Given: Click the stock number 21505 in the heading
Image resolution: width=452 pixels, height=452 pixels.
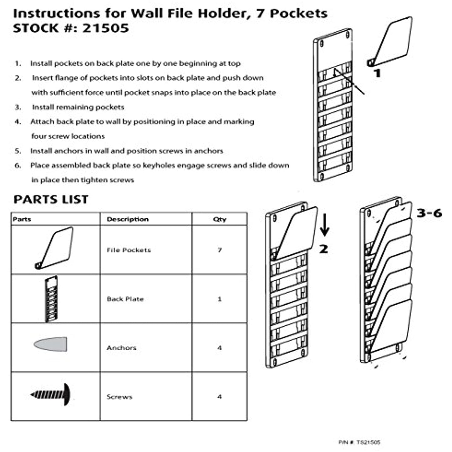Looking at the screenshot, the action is coord(105,28).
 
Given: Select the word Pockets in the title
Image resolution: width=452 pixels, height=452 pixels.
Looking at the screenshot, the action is coord(298,13).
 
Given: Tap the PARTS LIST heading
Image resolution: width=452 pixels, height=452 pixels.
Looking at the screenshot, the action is coord(51,200).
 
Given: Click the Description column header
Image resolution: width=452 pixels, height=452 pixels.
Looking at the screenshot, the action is coord(128,219).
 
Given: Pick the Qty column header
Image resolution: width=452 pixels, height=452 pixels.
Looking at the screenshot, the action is coord(220,219).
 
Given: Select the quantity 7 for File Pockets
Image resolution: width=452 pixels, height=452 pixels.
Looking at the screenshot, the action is coord(220,250).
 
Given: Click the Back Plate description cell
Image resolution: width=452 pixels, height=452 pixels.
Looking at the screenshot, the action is coord(125,299).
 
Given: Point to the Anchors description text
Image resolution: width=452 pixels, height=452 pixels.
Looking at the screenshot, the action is coord(121,348).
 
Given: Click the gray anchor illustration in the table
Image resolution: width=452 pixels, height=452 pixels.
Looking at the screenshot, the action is coord(51,344).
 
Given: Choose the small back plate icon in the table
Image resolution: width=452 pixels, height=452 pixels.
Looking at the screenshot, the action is coord(51,299).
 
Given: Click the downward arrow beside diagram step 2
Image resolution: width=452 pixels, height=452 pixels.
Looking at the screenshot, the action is coord(324,225).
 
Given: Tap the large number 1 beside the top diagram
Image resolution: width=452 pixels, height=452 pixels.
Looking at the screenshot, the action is coord(378,74).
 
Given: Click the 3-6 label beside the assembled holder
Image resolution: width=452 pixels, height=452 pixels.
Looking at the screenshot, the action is coord(429,213).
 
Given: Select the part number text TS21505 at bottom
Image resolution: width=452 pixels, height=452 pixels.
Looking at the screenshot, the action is coord(368,442).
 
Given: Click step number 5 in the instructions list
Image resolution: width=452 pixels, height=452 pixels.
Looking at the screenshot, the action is coord(18,151).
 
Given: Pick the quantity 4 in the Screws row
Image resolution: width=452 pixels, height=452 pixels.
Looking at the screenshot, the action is coord(220,397).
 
